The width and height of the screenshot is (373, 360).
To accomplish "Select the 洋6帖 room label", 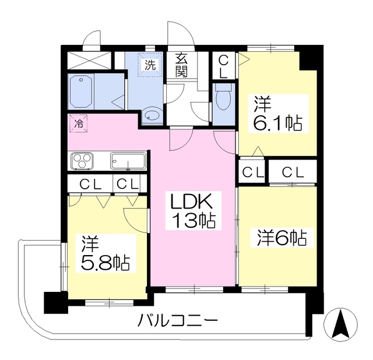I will coord(279,238).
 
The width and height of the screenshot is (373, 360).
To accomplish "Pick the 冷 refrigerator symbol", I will coord(78,122).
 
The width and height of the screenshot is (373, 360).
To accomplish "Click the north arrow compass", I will coord(341,323).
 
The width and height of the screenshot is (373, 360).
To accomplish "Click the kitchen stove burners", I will coord(81,160).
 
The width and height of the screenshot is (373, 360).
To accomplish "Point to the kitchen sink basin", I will coord(128,160).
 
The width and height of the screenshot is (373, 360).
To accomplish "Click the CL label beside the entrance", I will coord(223,65).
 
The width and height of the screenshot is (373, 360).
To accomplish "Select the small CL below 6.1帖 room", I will coord(252,172).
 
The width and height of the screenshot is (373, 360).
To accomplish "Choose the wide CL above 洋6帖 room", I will coord(292,172).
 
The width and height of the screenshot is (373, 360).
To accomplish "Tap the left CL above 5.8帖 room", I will coord(91,184).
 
